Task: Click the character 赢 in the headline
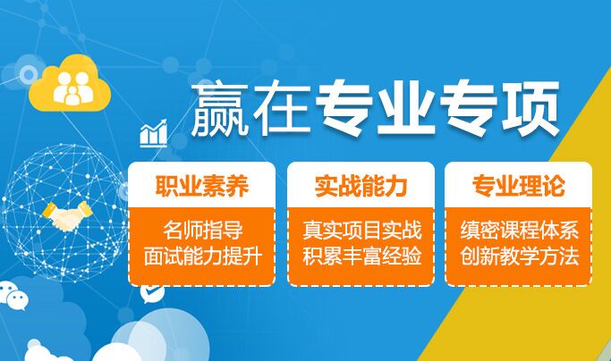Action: tap(219, 108)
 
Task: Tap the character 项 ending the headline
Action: tap(531, 108)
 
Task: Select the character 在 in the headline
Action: tap(281, 108)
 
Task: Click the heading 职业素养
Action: tap(202, 186)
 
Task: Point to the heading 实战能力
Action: tap(361, 186)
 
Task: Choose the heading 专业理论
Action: tap(519, 186)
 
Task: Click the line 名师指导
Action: tap(203, 230)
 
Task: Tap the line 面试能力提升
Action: tap(202, 256)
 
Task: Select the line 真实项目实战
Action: tap(362, 230)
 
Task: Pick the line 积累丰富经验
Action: tap(362, 256)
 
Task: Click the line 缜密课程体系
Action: tap(519, 230)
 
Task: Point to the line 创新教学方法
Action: tap(519, 256)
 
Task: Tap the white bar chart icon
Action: tap(154, 133)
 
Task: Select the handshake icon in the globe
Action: tap(67, 215)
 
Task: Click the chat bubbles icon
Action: tap(13, 295)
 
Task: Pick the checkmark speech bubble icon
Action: tap(152, 293)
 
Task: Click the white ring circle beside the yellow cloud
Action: tap(29, 74)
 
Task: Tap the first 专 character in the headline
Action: tap(344, 108)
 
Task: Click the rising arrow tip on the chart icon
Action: tap(165, 121)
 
